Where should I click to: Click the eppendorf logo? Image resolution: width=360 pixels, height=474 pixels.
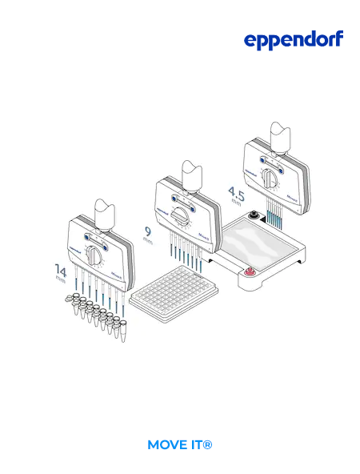(x=294, y=41)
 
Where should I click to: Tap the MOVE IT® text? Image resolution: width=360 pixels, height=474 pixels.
(x=180, y=444)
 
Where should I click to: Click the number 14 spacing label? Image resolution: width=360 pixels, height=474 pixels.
(x=61, y=269)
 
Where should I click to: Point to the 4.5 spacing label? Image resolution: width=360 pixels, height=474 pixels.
(x=235, y=193)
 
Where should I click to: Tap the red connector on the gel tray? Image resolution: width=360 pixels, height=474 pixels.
(x=250, y=274)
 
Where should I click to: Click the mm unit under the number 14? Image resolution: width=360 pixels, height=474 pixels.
(x=61, y=281)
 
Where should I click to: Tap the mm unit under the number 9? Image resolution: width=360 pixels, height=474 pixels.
(x=148, y=242)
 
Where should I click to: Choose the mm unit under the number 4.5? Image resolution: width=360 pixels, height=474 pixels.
(x=236, y=203)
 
